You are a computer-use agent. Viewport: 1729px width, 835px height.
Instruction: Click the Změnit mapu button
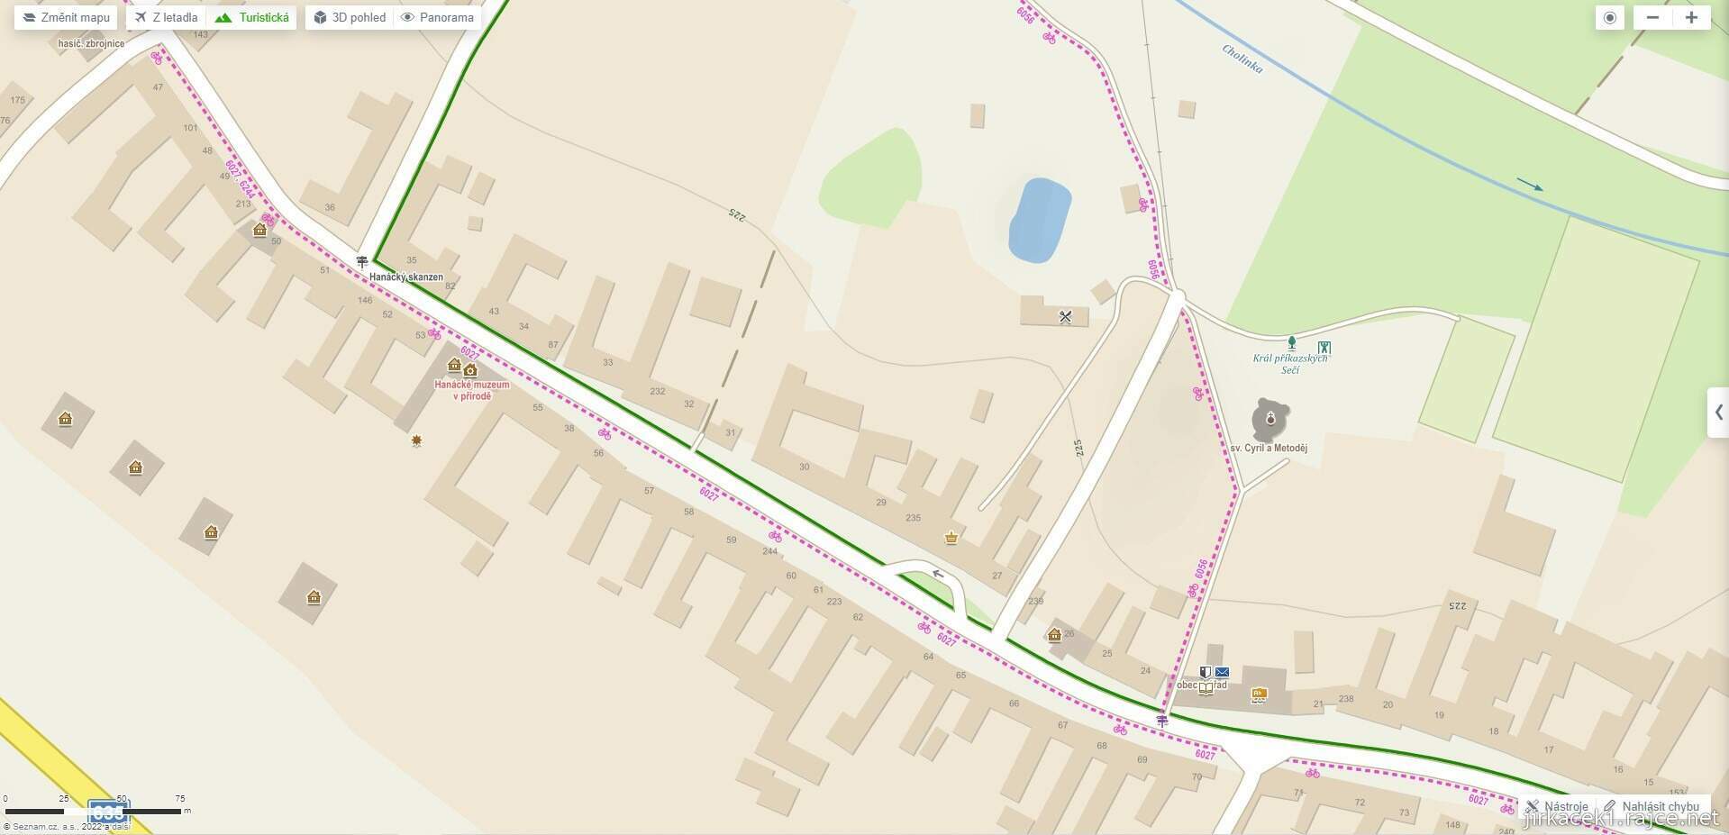(x=66, y=17)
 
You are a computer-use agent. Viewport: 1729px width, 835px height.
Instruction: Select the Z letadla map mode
(x=167, y=17)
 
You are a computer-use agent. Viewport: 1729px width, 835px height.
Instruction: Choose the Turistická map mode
(x=253, y=17)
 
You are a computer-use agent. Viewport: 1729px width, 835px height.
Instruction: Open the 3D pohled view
(x=350, y=17)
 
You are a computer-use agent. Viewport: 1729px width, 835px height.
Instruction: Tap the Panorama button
(x=438, y=17)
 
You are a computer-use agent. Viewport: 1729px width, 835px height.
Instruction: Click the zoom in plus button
(x=1691, y=17)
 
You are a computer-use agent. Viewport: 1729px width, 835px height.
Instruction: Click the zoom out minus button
(x=1652, y=17)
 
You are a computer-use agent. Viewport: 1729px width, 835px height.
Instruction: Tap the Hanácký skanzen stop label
(x=406, y=277)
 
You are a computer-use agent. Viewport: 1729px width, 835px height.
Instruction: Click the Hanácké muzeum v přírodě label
(x=471, y=390)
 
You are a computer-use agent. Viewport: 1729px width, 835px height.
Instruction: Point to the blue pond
(x=1039, y=221)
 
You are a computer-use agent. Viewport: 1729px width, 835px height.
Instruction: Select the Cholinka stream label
(x=1242, y=59)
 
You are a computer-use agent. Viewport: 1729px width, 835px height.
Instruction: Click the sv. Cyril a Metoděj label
(x=1269, y=448)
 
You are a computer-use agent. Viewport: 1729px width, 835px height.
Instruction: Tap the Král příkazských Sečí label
(x=1290, y=363)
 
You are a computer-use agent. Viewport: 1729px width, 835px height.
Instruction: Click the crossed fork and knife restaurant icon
(x=1065, y=316)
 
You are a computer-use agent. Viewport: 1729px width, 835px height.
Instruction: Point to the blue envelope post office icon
(x=1222, y=672)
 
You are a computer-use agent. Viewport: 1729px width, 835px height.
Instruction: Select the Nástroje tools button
(x=1557, y=806)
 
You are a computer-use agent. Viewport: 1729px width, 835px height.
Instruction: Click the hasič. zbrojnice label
(x=91, y=43)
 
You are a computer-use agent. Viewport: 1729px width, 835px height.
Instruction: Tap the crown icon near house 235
(x=951, y=538)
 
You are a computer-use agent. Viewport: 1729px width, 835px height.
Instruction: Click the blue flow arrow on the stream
(x=1529, y=186)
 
